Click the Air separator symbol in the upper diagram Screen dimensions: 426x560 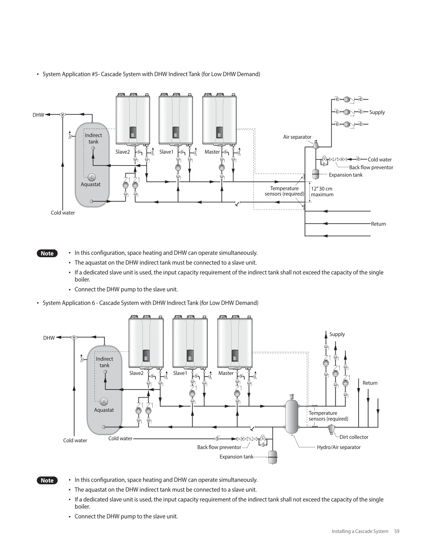click(x=316, y=144)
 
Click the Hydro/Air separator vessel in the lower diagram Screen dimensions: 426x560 click(x=292, y=417)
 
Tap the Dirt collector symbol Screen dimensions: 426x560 click(x=331, y=429)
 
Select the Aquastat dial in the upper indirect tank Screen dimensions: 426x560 click(x=92, y=177)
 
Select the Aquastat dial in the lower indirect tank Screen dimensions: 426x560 click(x=104, y=402)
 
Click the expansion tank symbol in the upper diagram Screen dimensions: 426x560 click(x=316, y=174)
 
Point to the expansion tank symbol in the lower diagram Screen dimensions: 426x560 click(x=273, y=457)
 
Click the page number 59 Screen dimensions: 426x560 click(x=397, y=531)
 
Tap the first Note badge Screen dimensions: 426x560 click(x=47, y=253)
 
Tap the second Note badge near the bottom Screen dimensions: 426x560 click(x=47, y=480)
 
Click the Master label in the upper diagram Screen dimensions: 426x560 click(x=212, y=152)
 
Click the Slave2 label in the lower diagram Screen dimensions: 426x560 click(x=136, y=373)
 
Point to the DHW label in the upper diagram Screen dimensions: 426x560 click(x=38, y=115)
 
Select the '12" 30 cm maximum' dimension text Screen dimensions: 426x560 click(x=322, y=192)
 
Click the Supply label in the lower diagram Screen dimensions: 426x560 click(x=337, y=334)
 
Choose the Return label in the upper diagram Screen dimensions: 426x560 click(x=378, y=224)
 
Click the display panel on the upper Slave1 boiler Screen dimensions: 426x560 click(x=176, y=132)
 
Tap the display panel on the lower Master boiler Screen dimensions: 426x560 click(x=235, y=355)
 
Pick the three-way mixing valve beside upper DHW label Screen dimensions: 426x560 click(x=63, y=115)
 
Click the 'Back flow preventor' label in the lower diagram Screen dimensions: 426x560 click(x=219, y=447)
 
